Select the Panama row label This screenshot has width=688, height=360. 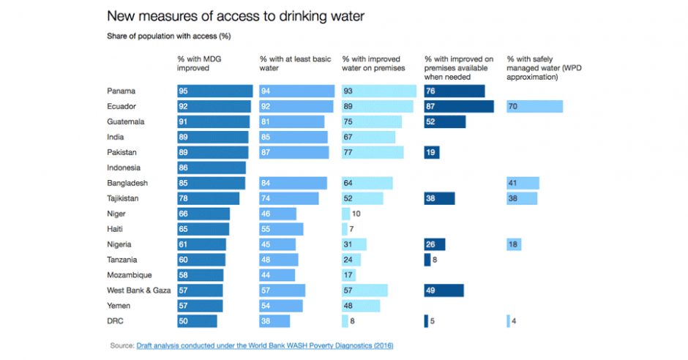pos(122,91)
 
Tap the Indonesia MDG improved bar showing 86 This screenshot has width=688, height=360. pos(212,168)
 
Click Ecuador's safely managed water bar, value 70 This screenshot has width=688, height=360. pos(534,107)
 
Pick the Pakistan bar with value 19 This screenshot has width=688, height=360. pos(431,152)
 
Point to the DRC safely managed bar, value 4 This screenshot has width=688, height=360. pos(508,321)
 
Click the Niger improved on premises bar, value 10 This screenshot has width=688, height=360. pos(345,214)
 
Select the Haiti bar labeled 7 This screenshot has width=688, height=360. pos(344,229)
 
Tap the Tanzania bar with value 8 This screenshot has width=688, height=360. pos(427,260)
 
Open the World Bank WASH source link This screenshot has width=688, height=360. pos(269,345)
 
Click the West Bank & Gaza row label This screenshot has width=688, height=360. pos(138,290)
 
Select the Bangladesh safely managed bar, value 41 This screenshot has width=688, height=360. pos(523,183)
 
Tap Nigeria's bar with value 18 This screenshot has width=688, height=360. pos(513,244)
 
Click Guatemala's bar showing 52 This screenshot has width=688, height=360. pos(444,122)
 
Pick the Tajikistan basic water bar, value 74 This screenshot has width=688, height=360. pos(289,198)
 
